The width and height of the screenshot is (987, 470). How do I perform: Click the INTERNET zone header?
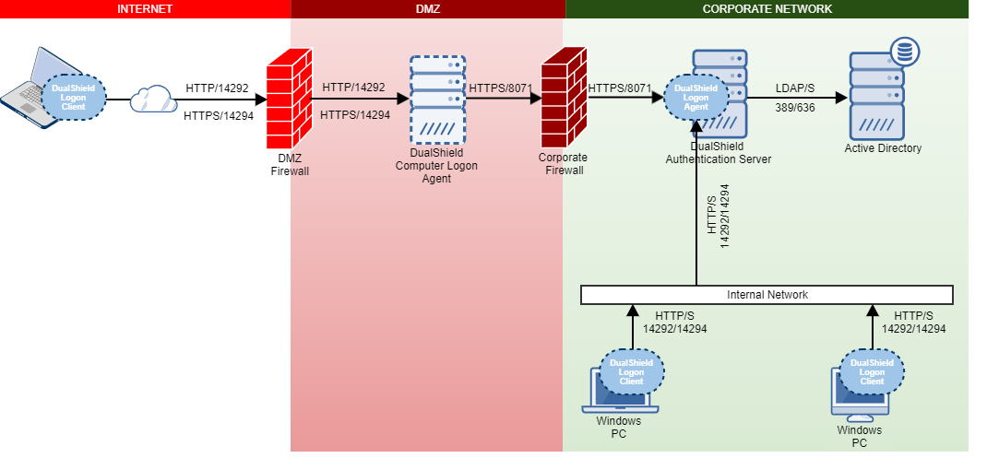click(x=145, y=9)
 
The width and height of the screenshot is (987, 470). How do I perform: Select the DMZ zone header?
click(x=428, y=9)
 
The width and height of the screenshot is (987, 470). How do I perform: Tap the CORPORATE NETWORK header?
click(x=767, y=9)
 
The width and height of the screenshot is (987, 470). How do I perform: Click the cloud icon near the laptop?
click(x=152, y=99)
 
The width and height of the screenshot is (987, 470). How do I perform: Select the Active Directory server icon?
click(x=876, y=97)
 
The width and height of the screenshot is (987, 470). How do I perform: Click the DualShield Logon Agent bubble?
click(x=696, y=97)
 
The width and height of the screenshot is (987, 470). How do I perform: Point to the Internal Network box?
click(x=767, y=295)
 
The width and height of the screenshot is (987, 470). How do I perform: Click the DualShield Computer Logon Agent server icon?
click(x=438, y=100)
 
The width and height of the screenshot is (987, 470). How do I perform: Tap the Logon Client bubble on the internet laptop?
click(x=74, y=97)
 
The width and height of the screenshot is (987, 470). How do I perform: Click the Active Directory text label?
click(x=883, y=148)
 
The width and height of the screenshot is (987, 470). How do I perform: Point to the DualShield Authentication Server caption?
click(x=719, y=153)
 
